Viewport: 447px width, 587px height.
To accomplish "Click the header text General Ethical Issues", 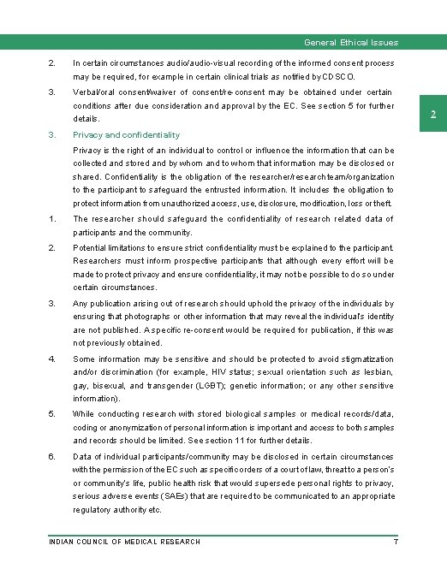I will (x=351, y=42).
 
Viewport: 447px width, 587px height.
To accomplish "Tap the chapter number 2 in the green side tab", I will (x=433, y=116).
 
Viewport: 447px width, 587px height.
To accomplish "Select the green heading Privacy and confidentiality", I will (x=127, y=135).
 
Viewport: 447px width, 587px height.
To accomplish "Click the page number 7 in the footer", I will (x=395, y=542).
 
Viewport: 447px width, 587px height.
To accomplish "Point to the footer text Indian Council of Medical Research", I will (x=125, y=542).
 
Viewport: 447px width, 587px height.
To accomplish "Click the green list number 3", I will (x=52, y=135).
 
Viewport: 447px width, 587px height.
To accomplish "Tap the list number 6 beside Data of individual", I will (x=52, y=457).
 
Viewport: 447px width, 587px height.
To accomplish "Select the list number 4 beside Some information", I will (x=52, y=359).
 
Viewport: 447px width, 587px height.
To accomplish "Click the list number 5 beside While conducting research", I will (x=52, y=414).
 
